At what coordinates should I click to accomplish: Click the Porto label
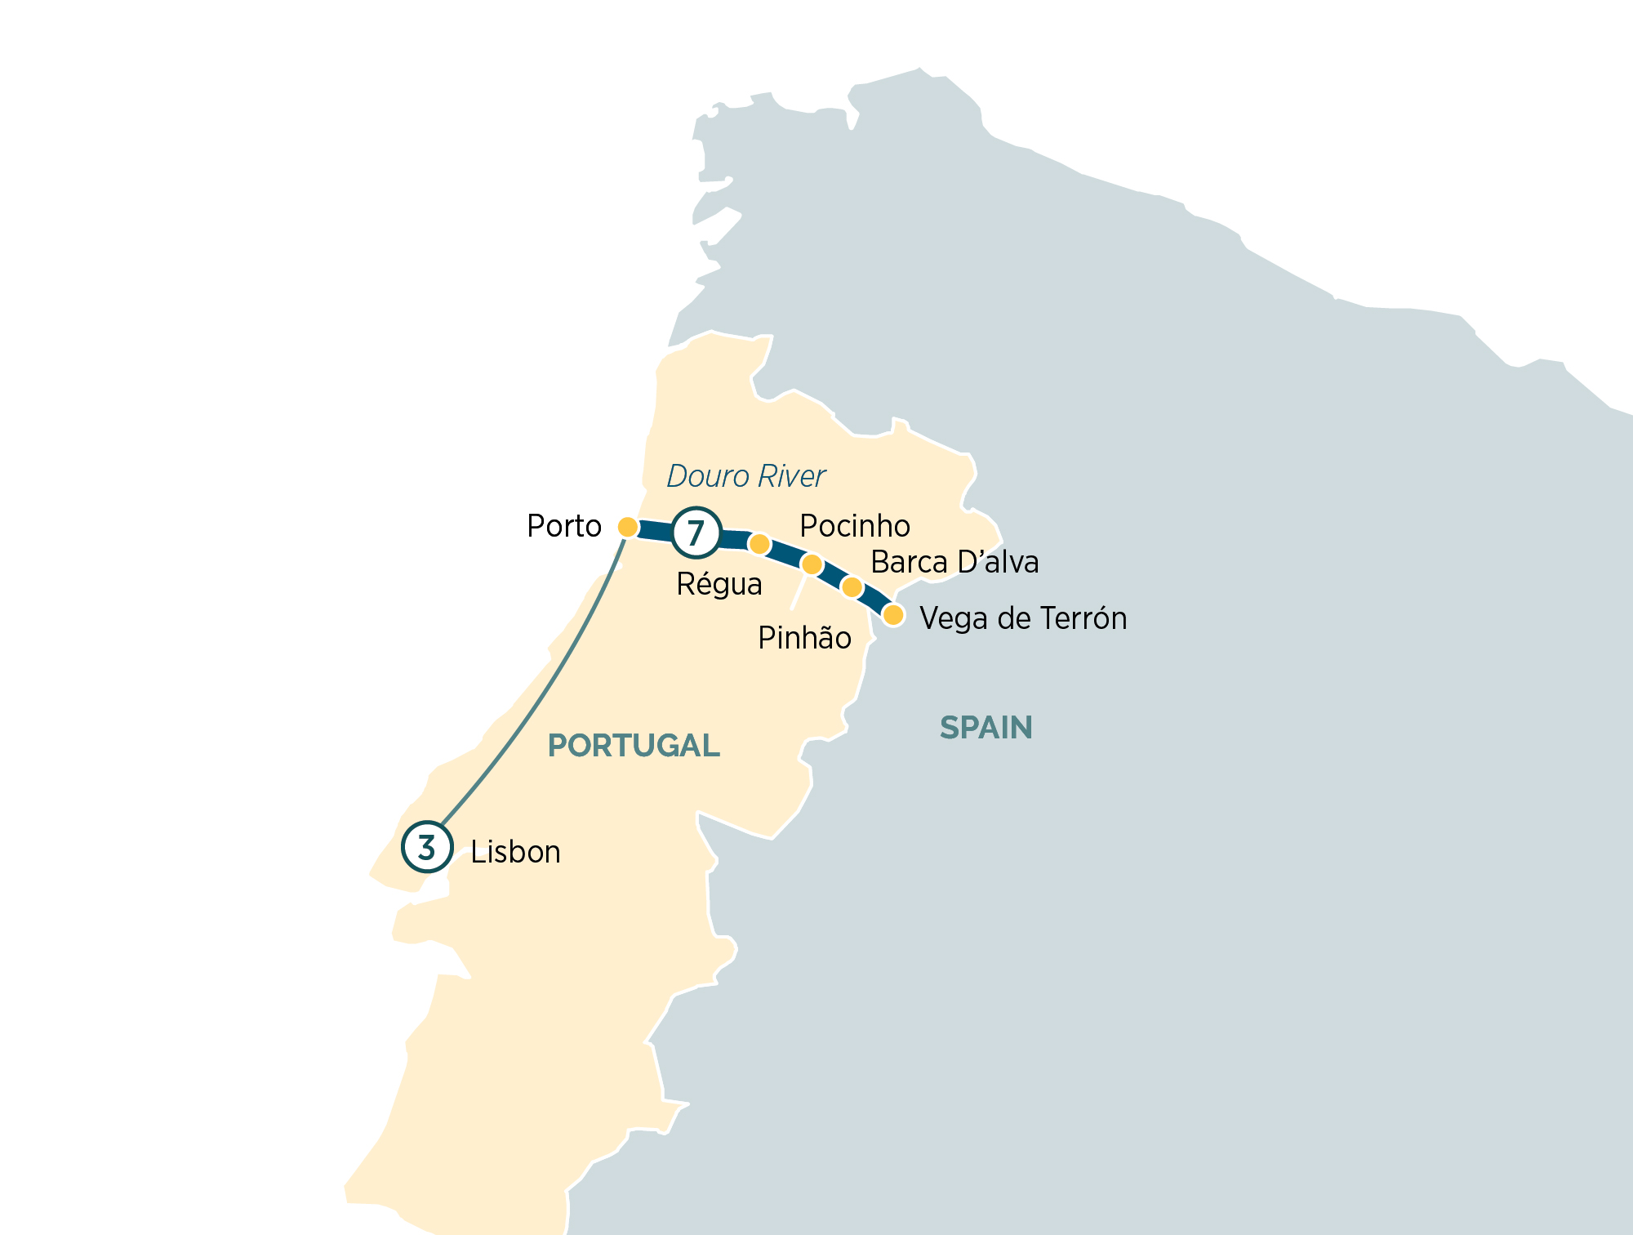click(x=563, y=526)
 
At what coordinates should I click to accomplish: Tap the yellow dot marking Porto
click(x=627, y=527)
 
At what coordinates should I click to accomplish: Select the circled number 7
click(x=696, y=533)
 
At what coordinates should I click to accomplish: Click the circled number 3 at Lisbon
click(x=427, y=847)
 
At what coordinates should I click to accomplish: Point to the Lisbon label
click(x=515, y=852)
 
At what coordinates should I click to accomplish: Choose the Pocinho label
click(x=854, y=526)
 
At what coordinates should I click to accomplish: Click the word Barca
click(x=909, y=562)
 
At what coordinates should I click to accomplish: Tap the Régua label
click(x=719, y=584)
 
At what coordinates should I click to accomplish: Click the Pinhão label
click(x=804, y=638)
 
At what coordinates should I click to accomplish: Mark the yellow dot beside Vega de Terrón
click(x=893, y=614)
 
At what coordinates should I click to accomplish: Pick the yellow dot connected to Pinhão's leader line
click(x=812, y=564)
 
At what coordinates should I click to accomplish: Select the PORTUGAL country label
click(x=634, y=746)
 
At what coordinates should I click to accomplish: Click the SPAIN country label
click(x=986, y=728)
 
